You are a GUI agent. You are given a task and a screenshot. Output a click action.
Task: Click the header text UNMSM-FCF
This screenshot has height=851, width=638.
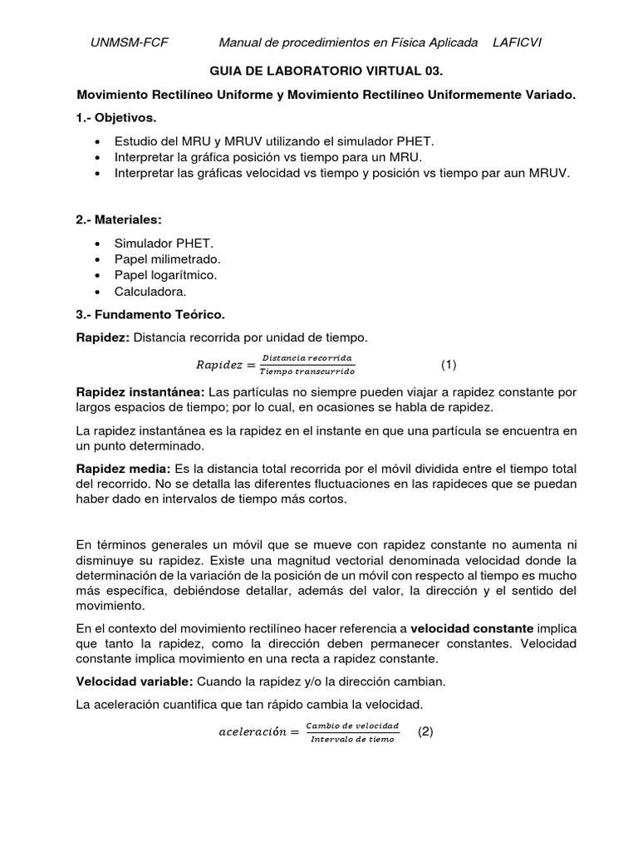(129, 42)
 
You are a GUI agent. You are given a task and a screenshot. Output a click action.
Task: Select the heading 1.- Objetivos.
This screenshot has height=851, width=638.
(115, 118)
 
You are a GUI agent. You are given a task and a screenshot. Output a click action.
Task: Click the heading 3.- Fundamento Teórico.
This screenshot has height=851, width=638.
(150, 315)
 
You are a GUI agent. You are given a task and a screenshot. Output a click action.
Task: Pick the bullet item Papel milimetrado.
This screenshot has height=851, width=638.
(167, 258)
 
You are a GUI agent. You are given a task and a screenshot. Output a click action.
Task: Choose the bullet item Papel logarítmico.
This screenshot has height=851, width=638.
(165, 275)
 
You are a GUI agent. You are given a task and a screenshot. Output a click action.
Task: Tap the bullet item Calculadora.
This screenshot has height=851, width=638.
(150, 292)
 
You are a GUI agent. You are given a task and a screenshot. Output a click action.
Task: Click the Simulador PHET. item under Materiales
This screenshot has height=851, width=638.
(164, 242)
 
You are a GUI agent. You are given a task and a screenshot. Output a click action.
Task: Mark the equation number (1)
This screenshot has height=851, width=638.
(449, 364)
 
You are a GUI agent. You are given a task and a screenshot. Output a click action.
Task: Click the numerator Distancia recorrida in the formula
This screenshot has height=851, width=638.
(307, 358)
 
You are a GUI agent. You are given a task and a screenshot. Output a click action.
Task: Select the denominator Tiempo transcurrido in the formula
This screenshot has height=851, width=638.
(307, 370)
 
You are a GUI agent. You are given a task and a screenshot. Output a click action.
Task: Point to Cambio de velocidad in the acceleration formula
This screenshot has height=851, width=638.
(352, 726)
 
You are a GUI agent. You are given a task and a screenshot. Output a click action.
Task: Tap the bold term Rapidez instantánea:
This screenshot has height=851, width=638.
(140, 391)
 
